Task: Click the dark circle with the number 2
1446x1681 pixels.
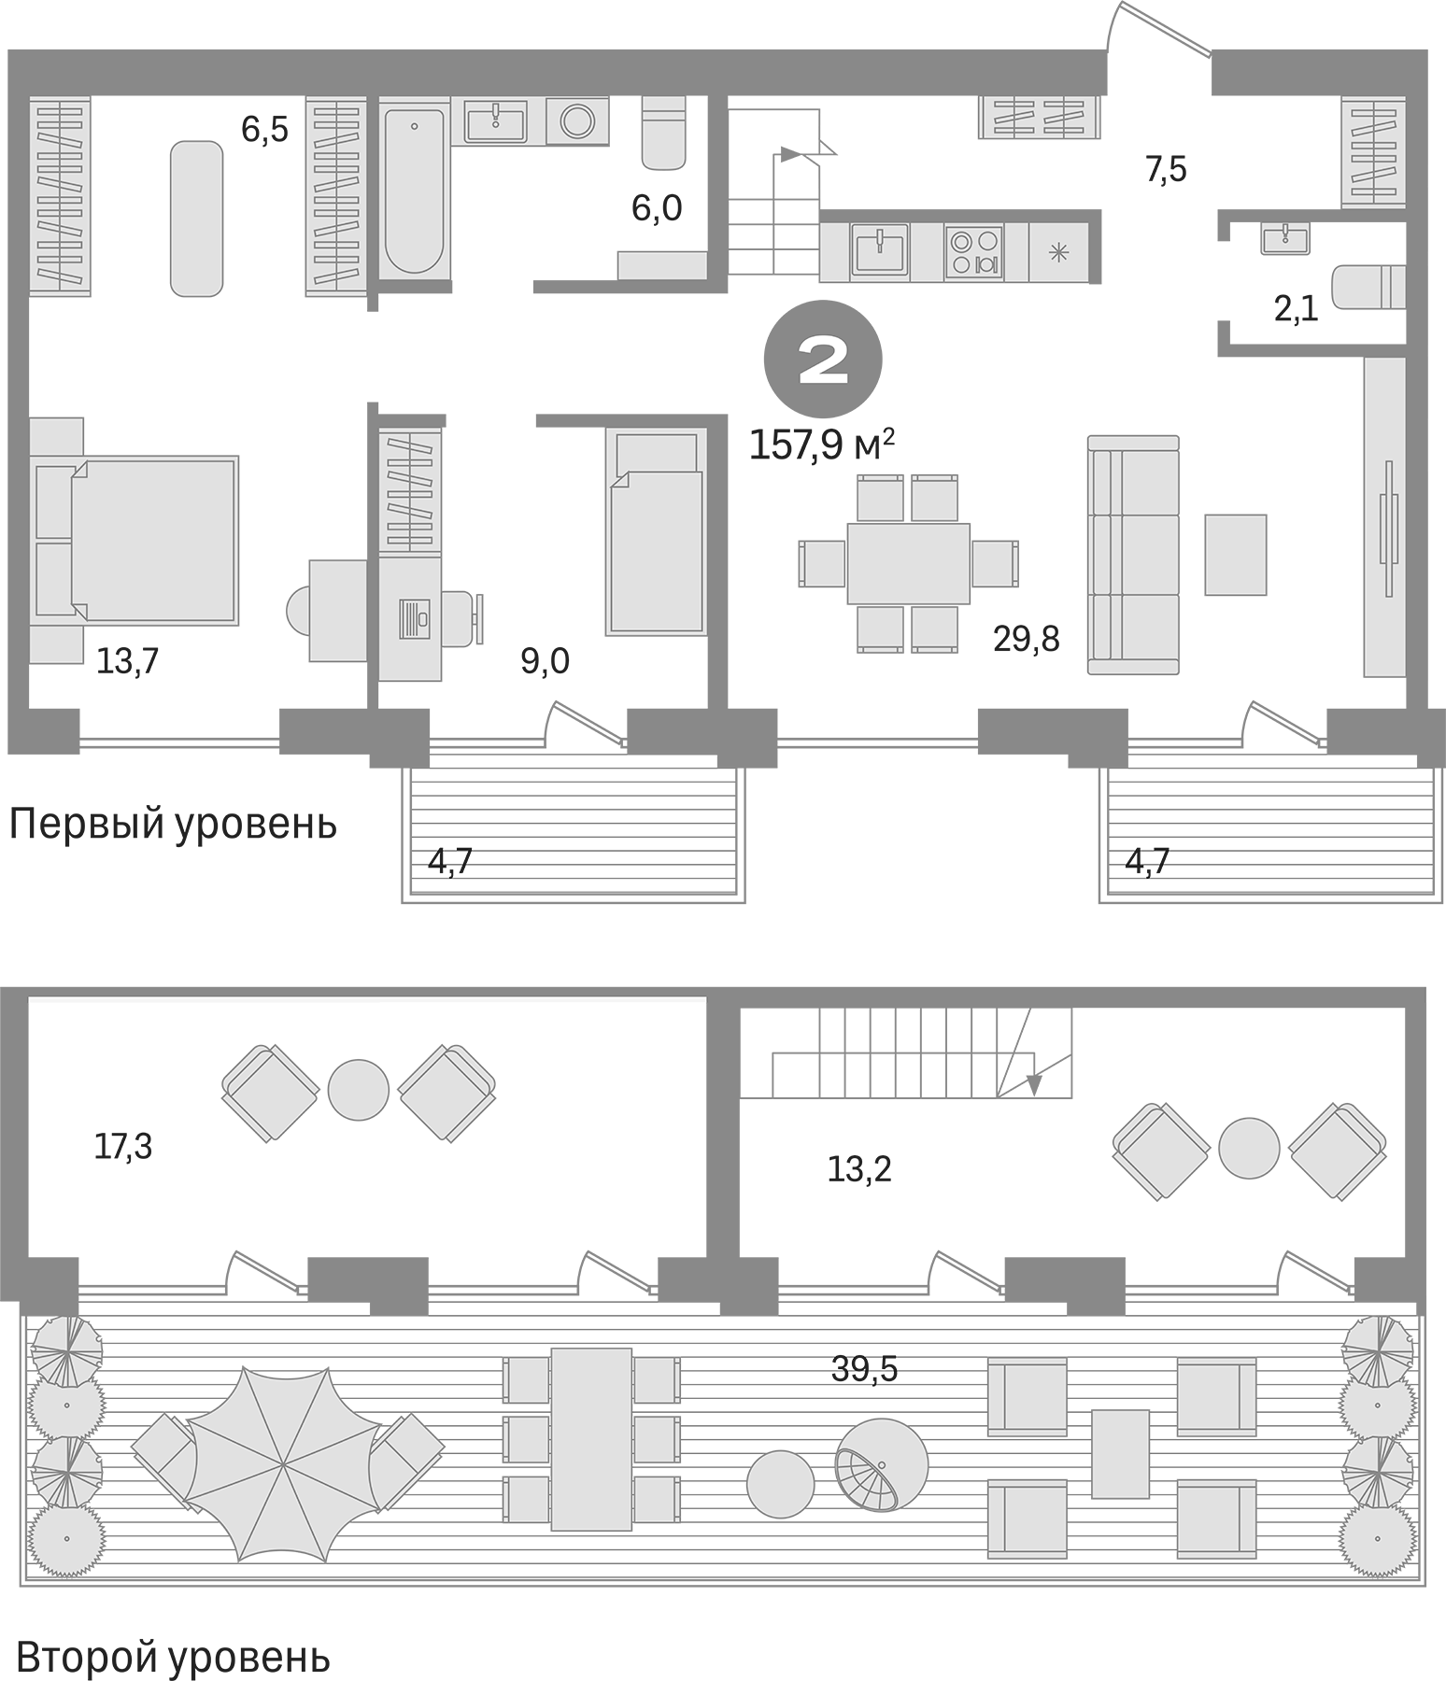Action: (823, 359)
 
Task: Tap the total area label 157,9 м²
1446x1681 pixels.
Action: (822, 445)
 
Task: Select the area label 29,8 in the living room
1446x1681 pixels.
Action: (1026, 640)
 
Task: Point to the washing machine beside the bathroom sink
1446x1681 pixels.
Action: (576, 121)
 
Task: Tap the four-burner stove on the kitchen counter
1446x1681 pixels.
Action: (973, 252)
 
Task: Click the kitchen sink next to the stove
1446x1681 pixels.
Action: (880, 250)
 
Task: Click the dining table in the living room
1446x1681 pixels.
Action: (908, 563)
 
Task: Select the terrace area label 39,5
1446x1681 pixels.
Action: (864, 1369)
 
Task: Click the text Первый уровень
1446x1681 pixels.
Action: (173, 825)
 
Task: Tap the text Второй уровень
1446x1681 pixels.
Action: (173, 1659)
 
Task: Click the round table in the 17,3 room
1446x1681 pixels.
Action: (358, 1090)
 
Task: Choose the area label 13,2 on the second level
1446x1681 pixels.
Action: (859, 1168)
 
